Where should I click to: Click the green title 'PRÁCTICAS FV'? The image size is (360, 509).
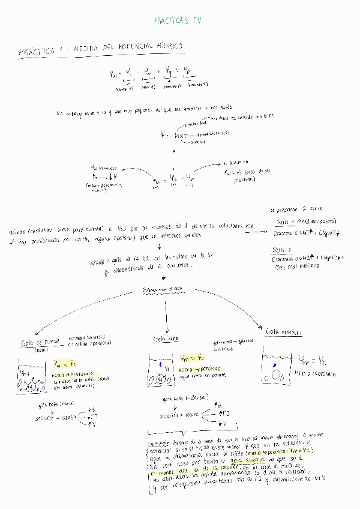pos(178,20)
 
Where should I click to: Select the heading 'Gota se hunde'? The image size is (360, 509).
pos(37,342)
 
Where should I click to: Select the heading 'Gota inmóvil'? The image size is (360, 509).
pos(279,331)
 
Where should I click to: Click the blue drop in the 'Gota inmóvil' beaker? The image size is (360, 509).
pos(274,364)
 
